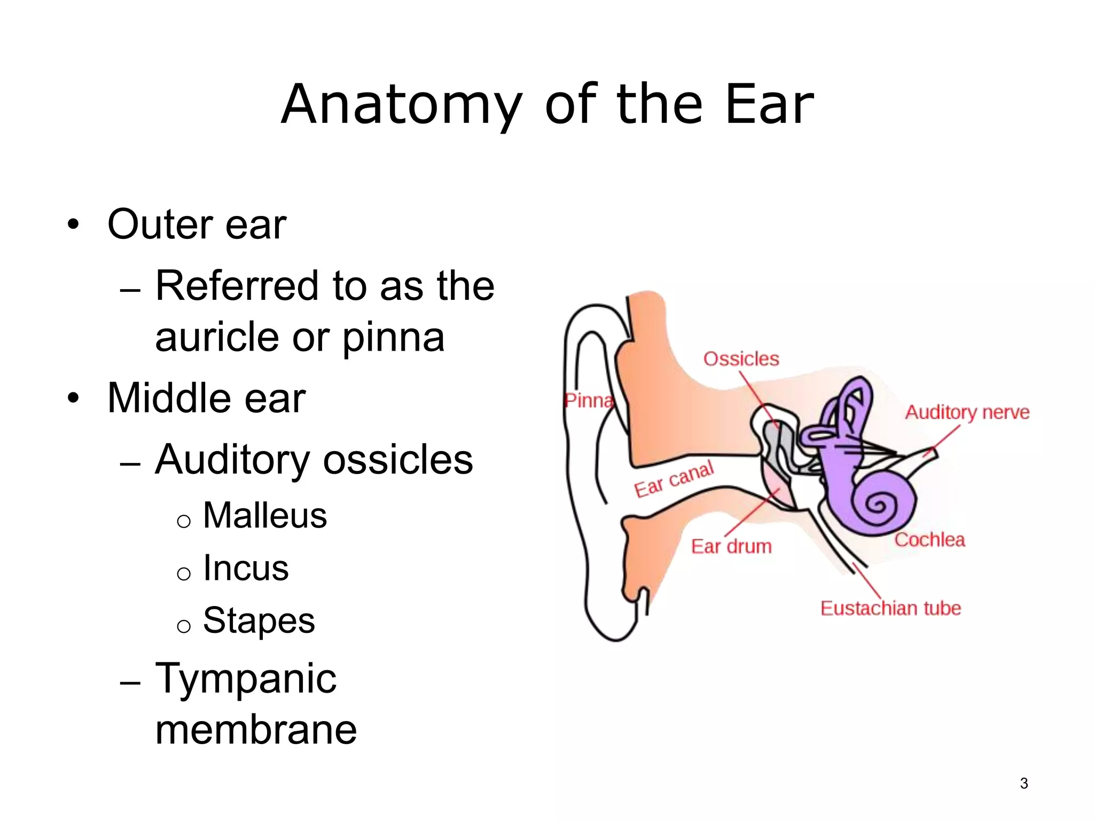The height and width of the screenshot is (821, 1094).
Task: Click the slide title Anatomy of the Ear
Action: coord(547,105)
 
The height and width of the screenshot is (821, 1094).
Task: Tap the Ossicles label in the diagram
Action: coord(741,359)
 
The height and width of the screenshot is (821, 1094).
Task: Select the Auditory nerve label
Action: coord(967,412)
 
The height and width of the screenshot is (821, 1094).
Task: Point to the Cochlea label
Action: coord(929,540)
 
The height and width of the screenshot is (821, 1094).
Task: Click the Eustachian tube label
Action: coord(890,608)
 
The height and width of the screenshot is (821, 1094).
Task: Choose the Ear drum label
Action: coord(731,546)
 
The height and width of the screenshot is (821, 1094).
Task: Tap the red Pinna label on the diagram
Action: coord(589,400)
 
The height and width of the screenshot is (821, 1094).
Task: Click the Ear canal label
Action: coord(674,479)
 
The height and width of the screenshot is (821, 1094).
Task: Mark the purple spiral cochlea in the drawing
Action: coord(876,502)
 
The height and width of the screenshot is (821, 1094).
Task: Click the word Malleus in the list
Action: coord(265,516)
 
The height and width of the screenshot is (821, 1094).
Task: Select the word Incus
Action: coord(246,568)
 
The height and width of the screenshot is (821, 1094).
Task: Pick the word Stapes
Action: coord(259,621)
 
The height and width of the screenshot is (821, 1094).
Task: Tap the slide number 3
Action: coord(1023,783)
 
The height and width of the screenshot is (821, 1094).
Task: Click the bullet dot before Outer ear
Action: coord(73,224)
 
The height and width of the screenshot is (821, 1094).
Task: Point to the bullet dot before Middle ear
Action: coord(73,398)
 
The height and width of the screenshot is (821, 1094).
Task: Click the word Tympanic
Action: coord(246,679)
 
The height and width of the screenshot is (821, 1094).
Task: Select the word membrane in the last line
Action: coord(256,730)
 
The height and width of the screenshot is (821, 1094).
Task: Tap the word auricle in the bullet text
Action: coord(217,338)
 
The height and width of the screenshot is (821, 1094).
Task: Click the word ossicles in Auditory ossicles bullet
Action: coord(398,460)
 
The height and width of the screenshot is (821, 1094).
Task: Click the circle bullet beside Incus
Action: coord(184,574)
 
